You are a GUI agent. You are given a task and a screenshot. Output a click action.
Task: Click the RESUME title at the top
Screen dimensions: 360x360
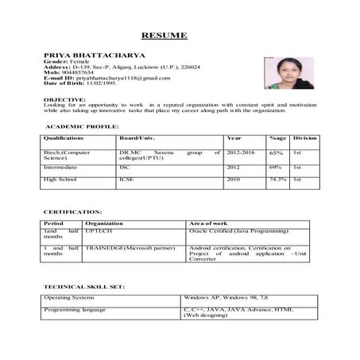165,36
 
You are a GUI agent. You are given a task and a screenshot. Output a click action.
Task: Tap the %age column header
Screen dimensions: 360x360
277,138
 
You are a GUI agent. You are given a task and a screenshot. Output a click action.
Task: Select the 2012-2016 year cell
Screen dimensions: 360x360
242,152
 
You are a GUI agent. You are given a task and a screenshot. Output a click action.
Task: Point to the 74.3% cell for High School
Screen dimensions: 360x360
277,180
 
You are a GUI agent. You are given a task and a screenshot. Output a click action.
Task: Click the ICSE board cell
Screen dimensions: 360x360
126,180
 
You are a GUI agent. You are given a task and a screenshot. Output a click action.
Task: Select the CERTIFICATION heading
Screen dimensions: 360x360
72,212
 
